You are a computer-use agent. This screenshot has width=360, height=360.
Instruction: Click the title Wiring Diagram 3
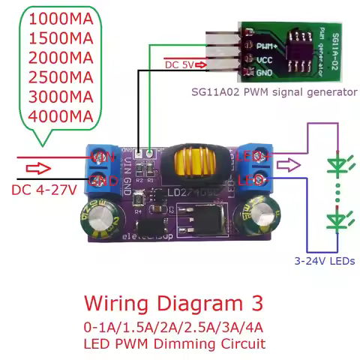click(x=173, y=304)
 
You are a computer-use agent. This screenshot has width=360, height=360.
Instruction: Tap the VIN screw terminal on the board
click(x=100, y=157)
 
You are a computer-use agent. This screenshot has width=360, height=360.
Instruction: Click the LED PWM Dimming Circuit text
click(x=174, y=344)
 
